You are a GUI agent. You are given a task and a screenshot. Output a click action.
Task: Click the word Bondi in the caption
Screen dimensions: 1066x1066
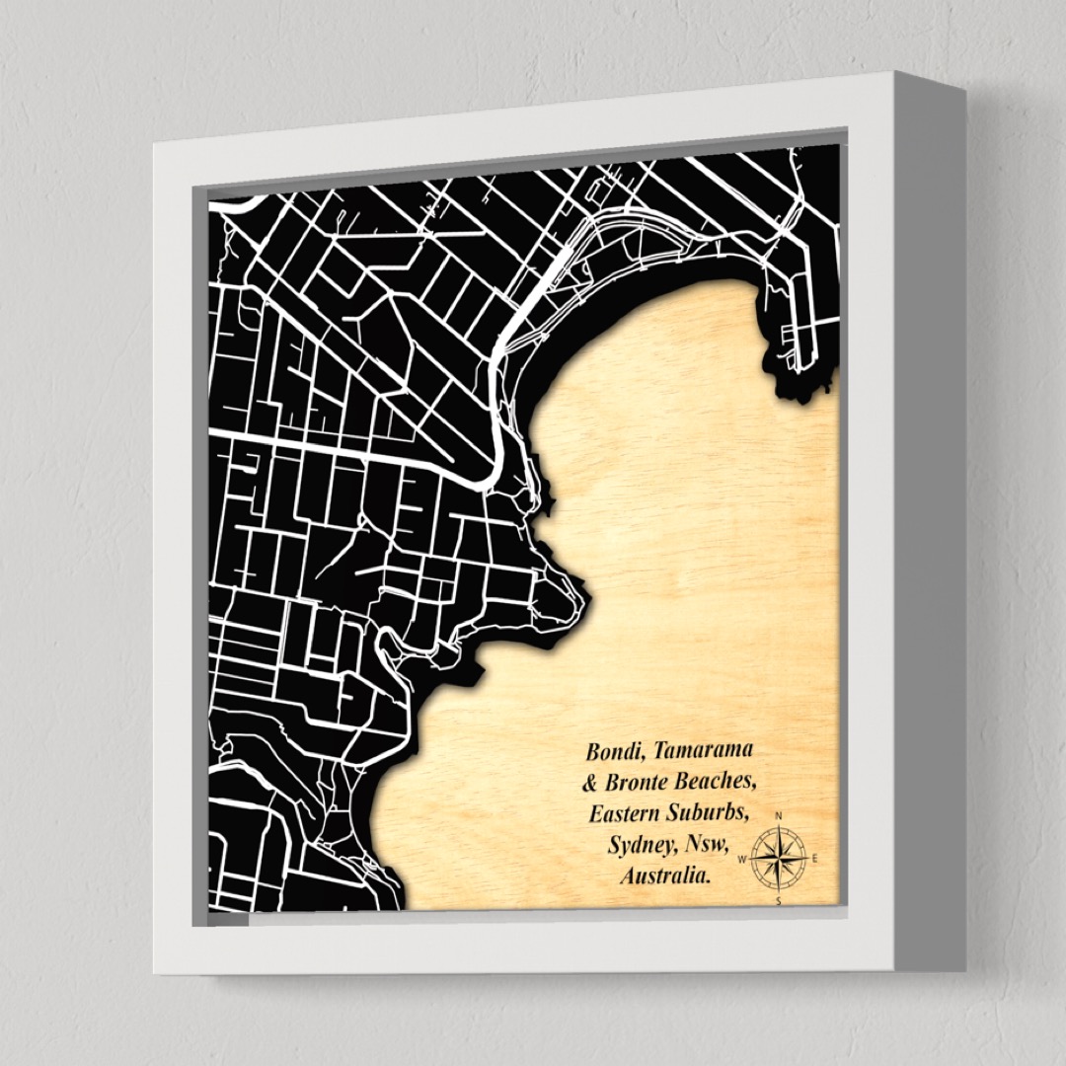point(612,751)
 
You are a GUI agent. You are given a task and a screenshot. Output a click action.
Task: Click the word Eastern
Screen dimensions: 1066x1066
point(624,814)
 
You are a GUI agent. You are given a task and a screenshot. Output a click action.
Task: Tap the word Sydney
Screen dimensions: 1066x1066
point(638,845)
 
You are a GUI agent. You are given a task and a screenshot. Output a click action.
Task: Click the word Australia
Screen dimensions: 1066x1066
point(663,876)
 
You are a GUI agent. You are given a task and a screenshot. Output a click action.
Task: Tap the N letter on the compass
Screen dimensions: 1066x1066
point(779,816)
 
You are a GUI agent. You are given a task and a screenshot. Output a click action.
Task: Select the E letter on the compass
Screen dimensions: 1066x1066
point(815,858)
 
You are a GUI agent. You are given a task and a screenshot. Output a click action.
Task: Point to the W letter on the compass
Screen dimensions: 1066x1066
point(741,859)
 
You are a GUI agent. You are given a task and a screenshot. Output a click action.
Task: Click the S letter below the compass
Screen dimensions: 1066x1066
point(779,899)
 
